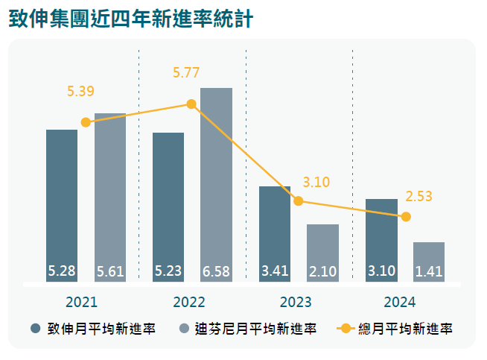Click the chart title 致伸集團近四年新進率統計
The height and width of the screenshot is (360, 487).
coord(131,19)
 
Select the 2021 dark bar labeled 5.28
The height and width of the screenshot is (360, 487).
coord(62,206)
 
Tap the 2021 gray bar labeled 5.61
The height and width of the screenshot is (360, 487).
coord(110,198)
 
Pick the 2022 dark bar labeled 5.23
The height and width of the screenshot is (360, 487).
coord(168,207)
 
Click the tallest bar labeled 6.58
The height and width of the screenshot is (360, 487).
coord(216,185)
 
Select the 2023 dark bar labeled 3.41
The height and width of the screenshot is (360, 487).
coord(275,234)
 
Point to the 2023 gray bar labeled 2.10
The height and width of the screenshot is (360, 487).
coord(322,253)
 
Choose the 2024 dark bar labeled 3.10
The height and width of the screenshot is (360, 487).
coord(381,240)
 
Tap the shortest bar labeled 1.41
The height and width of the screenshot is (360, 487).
coord(429,262)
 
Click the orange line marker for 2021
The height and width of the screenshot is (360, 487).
coord(86,122)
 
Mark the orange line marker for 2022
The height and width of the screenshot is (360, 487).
coord(191,104)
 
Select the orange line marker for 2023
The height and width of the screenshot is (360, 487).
coord(298,201)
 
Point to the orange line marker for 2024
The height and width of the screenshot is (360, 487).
coord(406,217)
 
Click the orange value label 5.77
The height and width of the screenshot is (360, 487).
coord(186,73)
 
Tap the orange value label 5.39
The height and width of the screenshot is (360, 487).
coord(80,91)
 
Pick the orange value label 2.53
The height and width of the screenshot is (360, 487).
coord(418,197)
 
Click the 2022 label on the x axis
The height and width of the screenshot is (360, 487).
coord(189,302)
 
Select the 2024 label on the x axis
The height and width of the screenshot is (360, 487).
coord(399,302)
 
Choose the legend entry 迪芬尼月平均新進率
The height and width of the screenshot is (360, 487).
coord(248,329)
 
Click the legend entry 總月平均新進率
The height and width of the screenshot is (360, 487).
coord(395,329)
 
